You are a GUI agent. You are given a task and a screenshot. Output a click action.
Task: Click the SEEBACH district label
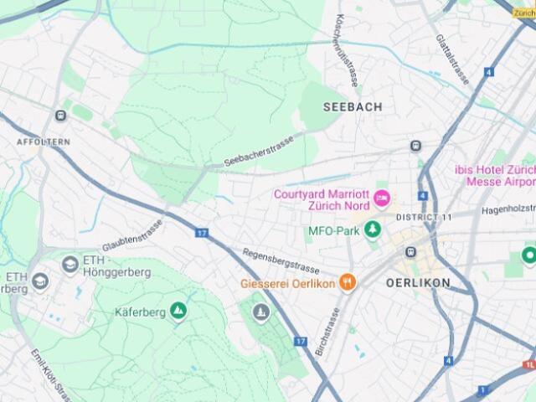click(x=352, y=107)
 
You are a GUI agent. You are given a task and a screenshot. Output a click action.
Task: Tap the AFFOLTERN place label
click(x=44, y=142)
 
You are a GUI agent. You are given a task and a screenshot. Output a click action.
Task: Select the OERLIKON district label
click(x=418, y=283)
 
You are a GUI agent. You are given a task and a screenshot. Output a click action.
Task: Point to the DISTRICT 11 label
click(x=423, y=218)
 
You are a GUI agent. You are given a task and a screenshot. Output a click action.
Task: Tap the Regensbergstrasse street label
click(x=281, y=261)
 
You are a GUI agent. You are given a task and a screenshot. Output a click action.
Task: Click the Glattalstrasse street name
click(x=452, y=59)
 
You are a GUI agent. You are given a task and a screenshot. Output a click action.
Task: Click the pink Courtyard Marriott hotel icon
click(x=382, y=198)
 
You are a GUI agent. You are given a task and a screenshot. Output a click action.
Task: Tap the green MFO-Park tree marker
click(x=372, y=229)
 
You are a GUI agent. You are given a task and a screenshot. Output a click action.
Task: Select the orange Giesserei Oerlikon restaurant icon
click(x=348, y=283)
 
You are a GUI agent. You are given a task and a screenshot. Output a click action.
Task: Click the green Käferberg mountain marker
click(x=178, y=312)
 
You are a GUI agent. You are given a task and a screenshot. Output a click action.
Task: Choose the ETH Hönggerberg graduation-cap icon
click(x=70, y=265)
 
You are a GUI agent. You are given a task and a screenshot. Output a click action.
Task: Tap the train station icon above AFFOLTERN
click(x=60, y=116)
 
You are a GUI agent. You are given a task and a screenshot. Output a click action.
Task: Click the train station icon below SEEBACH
click(x=415, y=147)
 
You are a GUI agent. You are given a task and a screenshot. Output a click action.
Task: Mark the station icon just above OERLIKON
click(x=410, y=252)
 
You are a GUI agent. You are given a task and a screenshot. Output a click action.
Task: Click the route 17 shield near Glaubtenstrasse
click(x=202, y=232)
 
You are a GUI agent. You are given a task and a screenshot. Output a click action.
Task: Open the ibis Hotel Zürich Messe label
click(x=495, y=175)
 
